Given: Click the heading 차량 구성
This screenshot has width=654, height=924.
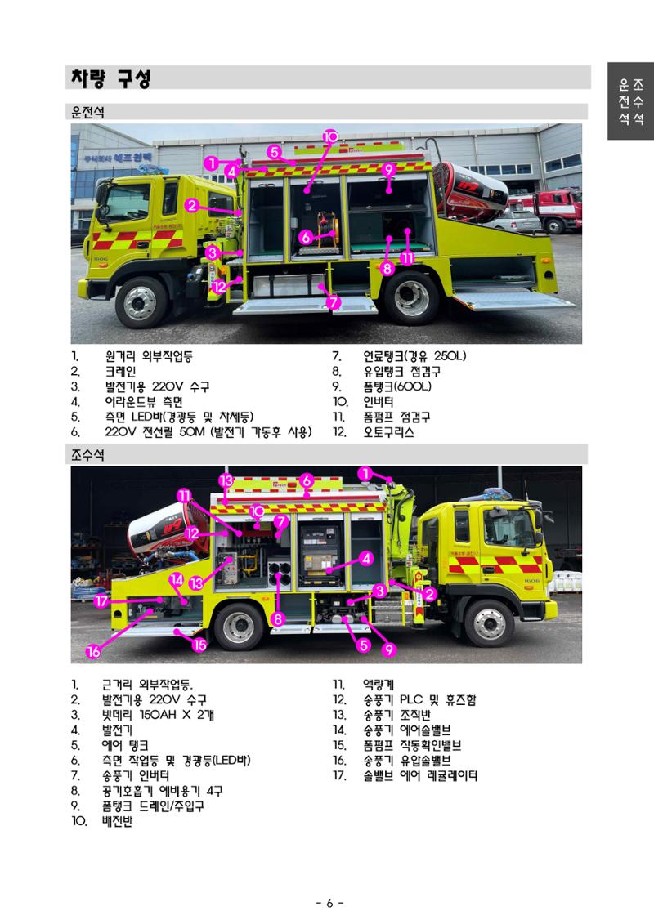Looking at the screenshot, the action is pyautogui.click(x=111, y=78).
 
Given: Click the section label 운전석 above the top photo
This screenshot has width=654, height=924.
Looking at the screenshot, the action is pyautogui.click(x=87, y=112).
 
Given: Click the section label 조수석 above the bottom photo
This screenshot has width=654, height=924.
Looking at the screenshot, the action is pyautogui.click(x=87, y=455).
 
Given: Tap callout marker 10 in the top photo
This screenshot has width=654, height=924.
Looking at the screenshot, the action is pyautogui.click(x=330, y=136).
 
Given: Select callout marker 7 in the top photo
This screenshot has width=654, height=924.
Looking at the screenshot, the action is pyautogui.click(x=334, y=302).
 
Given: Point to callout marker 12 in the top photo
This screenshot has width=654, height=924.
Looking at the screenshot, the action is pyautogui.click(x=219, y=287).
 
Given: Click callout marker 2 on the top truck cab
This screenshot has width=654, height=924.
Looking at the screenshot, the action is pyautogui.click(x=191, y=205).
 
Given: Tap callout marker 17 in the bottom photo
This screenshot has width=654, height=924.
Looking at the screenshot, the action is pyautogui.click(x=101, y=601).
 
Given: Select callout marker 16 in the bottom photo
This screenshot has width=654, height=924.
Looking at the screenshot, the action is pyautogui.click(x=94, y=651).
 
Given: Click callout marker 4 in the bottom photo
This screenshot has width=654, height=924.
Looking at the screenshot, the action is pyautogui.click(x=367, y=558).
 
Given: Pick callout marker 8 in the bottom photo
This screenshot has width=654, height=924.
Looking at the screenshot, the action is pyautogui.click(x=278, y=618).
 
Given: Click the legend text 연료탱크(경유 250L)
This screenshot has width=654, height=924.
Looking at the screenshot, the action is pyautogui.click(x=414, y=356).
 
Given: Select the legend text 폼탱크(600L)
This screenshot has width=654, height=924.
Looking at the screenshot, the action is pyautogui.click(x=397, y=386).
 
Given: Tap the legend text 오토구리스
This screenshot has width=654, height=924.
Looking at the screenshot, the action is pyautogui.click(x=388, y=432).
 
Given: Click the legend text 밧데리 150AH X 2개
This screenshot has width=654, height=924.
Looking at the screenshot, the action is pyautogui.click(x=158, y=715).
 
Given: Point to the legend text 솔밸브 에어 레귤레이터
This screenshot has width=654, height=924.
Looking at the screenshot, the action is pyautogui.click(x=420, y=775).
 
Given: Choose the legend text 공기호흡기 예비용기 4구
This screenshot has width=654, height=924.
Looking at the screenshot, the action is pyautogui.click(x=162, y=790).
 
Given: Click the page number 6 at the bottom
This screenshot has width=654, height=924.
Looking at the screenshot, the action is pyautogui.click(x=329, y=903).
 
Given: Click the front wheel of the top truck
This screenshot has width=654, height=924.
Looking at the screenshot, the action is pyautogui.click(x=141, y=301).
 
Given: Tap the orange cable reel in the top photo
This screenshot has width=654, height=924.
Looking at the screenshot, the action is pyautogui.click(x=326, y=228).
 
